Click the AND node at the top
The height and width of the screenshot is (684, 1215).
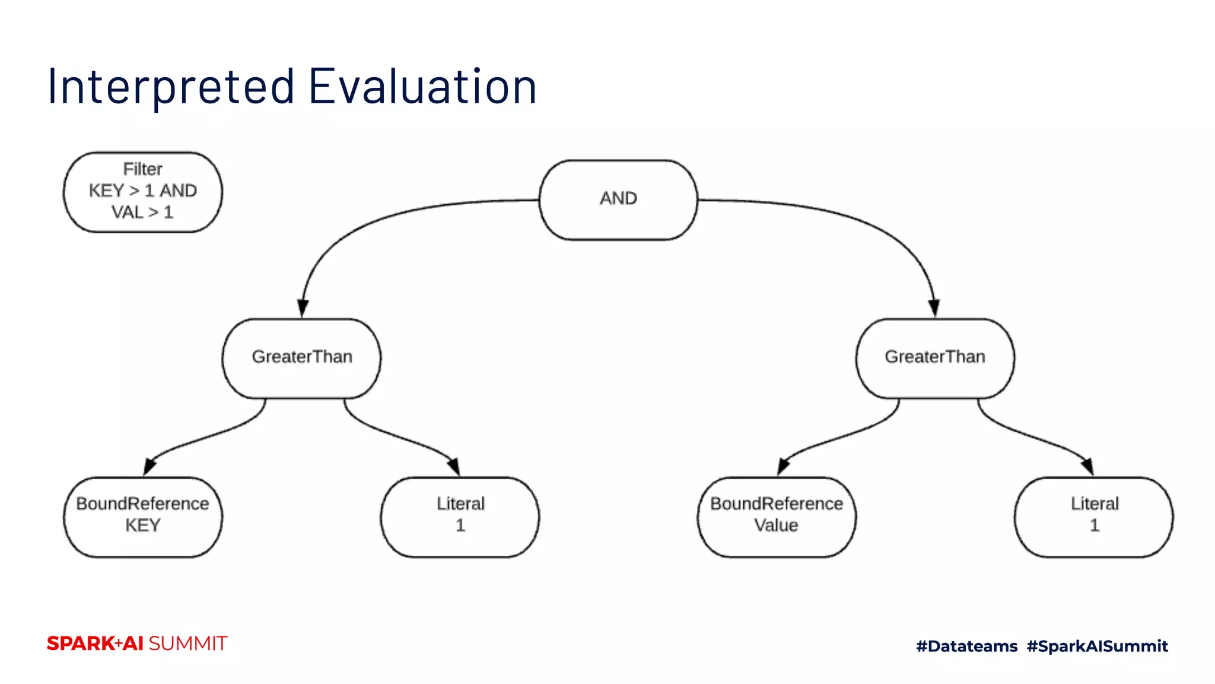click(x=618, y=199)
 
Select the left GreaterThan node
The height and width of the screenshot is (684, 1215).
click(x=301, y=358)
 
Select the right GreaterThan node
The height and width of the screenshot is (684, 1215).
click(x=935, y=358)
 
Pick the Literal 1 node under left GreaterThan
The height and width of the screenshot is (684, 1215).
click(x=460, y=517)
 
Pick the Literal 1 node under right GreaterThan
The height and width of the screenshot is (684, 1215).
click(x=1093, y=517)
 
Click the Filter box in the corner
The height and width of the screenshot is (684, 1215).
click(x=142, y=192)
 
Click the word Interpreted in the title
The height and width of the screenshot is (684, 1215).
click(x=171, y=87)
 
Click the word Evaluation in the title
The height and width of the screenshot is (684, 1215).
click(x=422, y=87)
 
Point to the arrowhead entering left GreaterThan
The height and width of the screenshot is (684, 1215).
click(x=303, y=308)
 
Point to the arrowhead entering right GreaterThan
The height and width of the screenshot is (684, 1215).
click(x=934, y=308)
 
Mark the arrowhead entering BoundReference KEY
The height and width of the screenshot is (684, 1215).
click(x=150, y=467)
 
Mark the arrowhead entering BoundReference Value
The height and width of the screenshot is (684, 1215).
click(x=783, y=467)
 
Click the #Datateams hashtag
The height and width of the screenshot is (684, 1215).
click(x=966, y=646)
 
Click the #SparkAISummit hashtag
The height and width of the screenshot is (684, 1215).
click(x=1097, y=646)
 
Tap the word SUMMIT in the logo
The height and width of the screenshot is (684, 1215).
click(x=187, y=644)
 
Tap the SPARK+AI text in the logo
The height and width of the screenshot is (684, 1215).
click(x=95, y=644)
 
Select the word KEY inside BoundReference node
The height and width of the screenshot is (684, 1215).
click(x=142, y=525)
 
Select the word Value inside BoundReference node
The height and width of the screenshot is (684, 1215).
click(x=776, y=525)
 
